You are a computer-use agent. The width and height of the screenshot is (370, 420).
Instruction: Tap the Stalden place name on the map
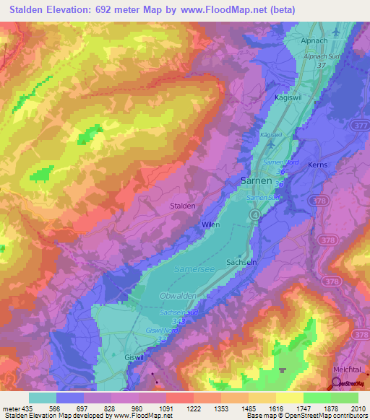click(x=182, y=206)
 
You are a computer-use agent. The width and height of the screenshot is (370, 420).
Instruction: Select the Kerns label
click(x=317, y=165)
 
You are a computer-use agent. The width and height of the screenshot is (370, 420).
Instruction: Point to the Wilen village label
click(x=210, y=225)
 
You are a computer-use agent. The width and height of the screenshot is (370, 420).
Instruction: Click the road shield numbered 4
click(x=254, y=215)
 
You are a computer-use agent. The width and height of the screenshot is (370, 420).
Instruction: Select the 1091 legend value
click(x=166, y=408)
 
